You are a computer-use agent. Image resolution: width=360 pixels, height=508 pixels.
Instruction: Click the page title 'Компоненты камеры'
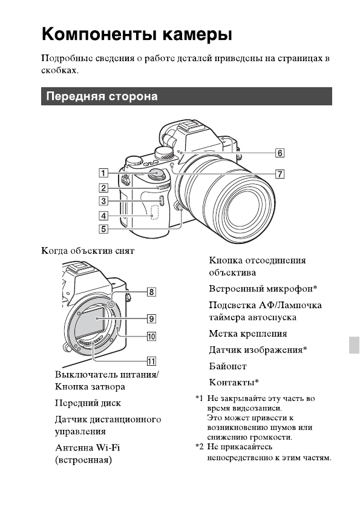click(137, 34)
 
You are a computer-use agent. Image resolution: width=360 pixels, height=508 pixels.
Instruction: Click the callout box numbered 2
click(105, 188)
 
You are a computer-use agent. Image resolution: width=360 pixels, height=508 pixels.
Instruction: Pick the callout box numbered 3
click(105, 202)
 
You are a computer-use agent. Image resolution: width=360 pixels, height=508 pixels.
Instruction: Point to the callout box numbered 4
click(105, 216)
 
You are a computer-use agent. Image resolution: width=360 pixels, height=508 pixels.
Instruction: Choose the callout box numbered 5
click(105, 229)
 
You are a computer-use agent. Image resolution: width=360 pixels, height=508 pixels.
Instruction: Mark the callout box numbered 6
click(280, 153)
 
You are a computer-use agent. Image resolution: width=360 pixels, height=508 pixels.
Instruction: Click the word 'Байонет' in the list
click(227, 366)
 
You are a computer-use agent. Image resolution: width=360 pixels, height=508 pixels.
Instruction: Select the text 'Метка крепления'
click(247, 334)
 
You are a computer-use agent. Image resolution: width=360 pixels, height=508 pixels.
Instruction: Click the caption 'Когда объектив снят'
click(87, 251)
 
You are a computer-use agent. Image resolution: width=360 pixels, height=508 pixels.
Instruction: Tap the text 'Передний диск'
click(88, 403)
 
